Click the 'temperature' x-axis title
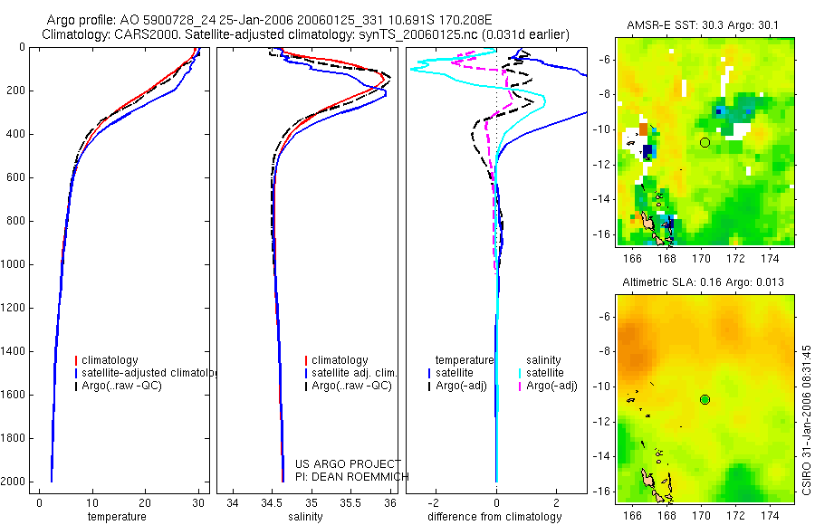click(x=116, y=517)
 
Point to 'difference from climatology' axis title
click(x=495, y=517)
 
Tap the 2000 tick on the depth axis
click(x=14, y=482)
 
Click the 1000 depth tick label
click(x=14, y=264)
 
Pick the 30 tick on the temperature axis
click(x=198, y=502)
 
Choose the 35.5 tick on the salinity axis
click(x=350, y=502)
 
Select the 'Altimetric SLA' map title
click(x=703, y=283)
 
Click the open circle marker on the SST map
click(x=705, y=142)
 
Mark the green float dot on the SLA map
click(x=705, y=399)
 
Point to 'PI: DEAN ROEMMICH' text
click(x=352, y=477)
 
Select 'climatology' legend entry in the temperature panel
click(x=113, y=360)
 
